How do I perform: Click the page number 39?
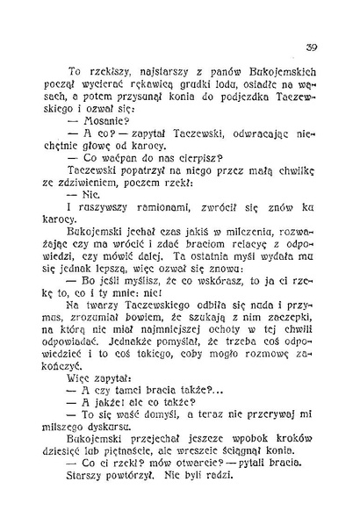[311, 47]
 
